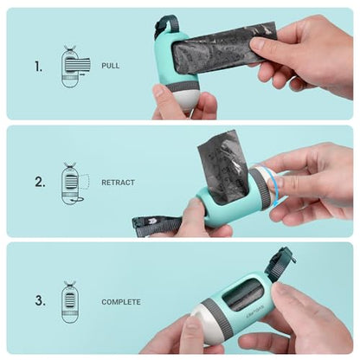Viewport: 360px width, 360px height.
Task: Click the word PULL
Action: [x=110, y=66]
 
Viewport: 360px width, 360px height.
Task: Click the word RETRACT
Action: [x=118, y=183]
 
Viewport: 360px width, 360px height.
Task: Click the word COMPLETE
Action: [x=121, y=302]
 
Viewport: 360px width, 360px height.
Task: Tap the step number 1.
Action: [x=38, y=67]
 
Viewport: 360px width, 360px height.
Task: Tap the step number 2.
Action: [x=40, y=183]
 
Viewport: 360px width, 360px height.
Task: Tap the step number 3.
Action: [x=40, y=300]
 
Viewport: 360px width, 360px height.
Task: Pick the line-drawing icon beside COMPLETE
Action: [x=70, y=302]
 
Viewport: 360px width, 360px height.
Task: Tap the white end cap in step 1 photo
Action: [x=185, y=100]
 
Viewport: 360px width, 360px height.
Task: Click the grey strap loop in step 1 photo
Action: [x=164, y=25]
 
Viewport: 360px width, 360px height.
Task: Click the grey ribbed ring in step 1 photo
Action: [x=182, y=87]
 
